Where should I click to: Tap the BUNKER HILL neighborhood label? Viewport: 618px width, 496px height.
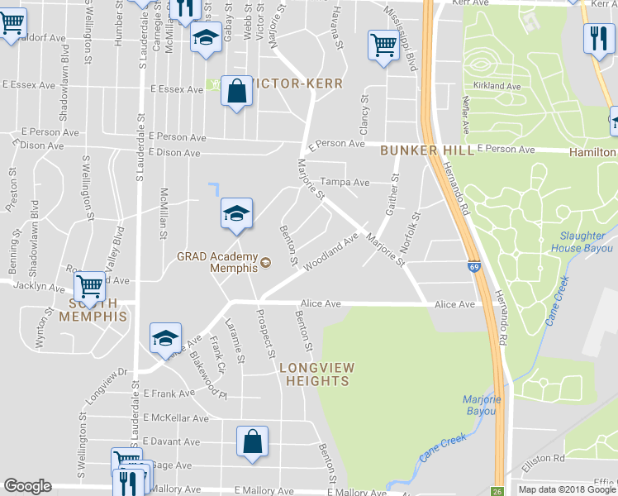click(427, 150)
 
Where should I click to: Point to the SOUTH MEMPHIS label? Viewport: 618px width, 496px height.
click(93, 316)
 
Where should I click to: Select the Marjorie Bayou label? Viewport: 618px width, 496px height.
click(483, 405)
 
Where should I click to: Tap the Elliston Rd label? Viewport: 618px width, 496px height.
click(547, 457)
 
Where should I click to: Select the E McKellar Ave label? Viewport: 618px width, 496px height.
click(176, 418)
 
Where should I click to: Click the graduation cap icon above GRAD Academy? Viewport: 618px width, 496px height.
click(236, 213)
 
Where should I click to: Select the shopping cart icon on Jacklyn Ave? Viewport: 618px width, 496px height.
click(89, 288)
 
